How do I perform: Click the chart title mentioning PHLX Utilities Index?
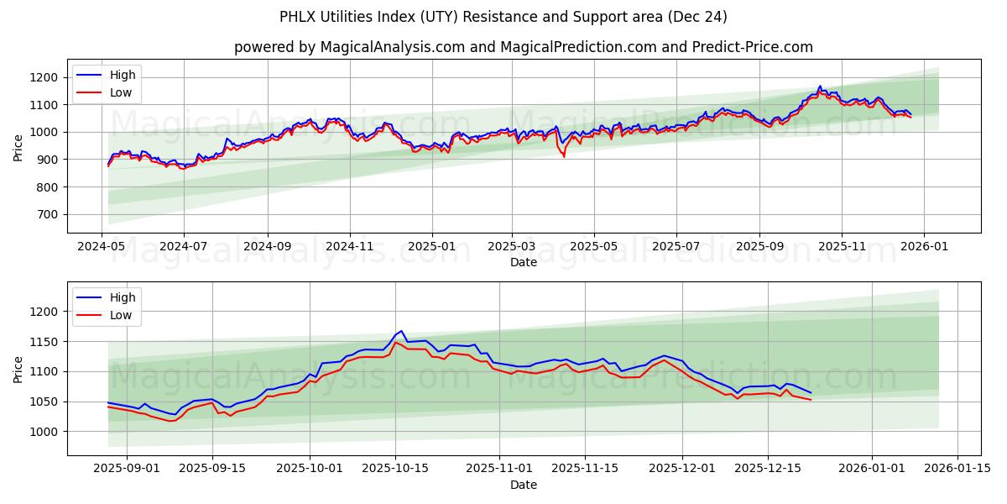click(x=503, y=17)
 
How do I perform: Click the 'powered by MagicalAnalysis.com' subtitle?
click(x=524, y=47)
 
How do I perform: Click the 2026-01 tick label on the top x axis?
click(x=924, y=247)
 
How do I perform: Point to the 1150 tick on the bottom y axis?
click(x=42, y=342)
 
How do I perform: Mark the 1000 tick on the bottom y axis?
click(x=42, y=432)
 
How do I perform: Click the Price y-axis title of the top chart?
click(x=18, y=146)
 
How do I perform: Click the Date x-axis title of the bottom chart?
click(x=524, y=485)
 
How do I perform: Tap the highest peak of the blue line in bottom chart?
click(x=401, y=331)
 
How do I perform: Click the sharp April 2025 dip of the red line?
click(x=564, y=156)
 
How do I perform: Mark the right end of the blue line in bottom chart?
click(x=811, y=392)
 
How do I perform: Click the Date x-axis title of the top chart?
click(x=524, y=262)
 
